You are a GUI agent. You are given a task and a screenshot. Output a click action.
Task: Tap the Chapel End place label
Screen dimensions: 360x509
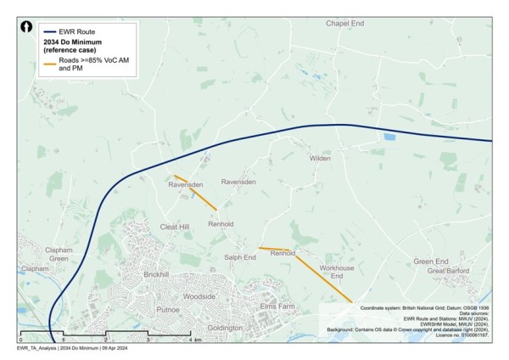[344, 23]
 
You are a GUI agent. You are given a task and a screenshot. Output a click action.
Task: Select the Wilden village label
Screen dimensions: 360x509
[319, 158]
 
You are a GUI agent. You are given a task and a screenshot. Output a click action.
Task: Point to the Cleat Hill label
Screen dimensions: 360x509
[175, 228]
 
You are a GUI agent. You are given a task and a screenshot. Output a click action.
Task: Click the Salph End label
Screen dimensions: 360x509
[240, 257]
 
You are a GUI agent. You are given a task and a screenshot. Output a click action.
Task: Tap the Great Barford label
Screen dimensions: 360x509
[448, 271]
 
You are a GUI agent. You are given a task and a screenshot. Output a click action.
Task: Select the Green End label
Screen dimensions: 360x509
[430, 262]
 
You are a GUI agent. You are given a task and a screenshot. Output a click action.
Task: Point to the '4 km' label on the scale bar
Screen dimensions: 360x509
[196, 340]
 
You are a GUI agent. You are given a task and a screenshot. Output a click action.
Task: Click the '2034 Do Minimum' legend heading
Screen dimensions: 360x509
[75, 41]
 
